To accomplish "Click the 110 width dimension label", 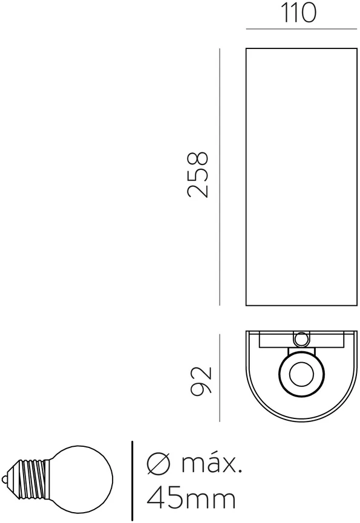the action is coord(299,13).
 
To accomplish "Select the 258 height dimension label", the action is coord(198,175).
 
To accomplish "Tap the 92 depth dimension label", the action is coord(200,381).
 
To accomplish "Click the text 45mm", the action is coord(191,499).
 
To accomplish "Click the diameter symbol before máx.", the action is coord(159,463).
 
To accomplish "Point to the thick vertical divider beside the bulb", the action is coord(133,481).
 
